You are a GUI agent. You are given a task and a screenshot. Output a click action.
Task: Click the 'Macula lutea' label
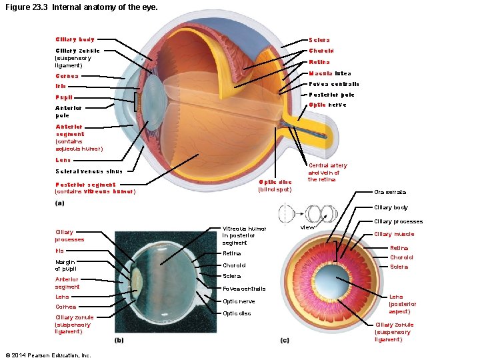(x=329, y=73)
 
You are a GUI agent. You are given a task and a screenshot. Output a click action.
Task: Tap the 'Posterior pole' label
(x=331, y=95)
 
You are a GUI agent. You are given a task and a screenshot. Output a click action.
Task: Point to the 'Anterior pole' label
(x=68, y=111)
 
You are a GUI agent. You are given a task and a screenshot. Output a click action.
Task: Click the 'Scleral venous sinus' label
(x=89, y=171)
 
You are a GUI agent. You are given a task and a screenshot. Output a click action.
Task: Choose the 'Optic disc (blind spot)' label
(x=275, y=185)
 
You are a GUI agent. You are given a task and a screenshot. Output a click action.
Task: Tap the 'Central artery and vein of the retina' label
(x=327, y=172)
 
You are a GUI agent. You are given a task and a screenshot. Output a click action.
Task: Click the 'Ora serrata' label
(x=390, y=193)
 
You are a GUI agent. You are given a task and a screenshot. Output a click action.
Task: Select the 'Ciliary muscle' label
(x=394, y=234)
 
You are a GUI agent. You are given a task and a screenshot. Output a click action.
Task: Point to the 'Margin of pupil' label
(x=65, y=265)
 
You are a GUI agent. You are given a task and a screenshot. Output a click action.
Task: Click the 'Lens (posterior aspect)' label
(x=403, y=304)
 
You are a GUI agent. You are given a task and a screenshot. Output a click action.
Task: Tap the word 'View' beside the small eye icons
(x=307, y=228)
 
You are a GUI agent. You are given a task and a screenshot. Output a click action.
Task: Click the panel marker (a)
(x=60, y=203)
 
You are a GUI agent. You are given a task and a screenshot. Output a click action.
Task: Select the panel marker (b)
(x=119, y=340)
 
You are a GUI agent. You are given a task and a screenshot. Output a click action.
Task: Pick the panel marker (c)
(x=285, y=340)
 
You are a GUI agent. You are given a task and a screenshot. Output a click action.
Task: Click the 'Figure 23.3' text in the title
(x=25, y=7)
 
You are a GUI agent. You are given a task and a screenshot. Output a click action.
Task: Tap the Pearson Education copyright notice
(x=47, y=355)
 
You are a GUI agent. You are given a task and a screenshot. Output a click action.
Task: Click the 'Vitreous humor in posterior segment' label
(x=244, y=235)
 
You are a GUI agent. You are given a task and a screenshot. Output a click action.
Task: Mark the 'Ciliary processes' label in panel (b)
(x=69, y=236)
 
